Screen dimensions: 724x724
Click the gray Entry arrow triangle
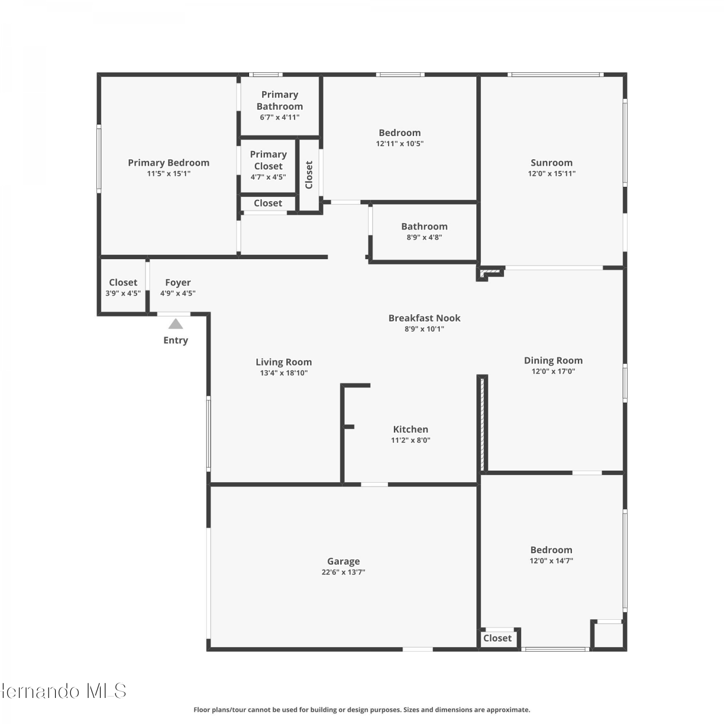tap(176, 324)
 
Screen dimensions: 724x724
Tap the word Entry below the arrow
tap(176, 340)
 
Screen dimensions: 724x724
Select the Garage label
tap(344, 561)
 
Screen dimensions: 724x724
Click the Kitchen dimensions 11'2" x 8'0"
tap(411, 440)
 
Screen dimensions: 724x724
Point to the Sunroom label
tap(552, 163)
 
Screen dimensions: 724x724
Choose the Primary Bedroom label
tap(168, 163)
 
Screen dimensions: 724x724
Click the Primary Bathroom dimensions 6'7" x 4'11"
tap(280, 117)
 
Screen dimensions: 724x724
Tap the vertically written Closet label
tap(309, 175)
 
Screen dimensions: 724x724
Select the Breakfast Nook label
tap(425, 318)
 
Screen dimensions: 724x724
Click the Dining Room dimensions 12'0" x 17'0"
tap(553, 372)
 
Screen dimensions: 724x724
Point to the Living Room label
tap(284, 362)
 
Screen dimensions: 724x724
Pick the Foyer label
tap(178, 282)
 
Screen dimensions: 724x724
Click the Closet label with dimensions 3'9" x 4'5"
tap(123, 282)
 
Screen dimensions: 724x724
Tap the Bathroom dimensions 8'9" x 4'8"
tap(424, 237)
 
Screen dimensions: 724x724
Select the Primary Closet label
tap(268, 160)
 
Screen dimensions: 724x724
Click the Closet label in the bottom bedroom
tap(498, 638)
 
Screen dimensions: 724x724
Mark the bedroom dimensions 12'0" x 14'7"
tap(551, 561)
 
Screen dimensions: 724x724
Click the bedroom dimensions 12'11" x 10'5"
tap(400, 144)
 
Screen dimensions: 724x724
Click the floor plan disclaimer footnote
tap(362, 710)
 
